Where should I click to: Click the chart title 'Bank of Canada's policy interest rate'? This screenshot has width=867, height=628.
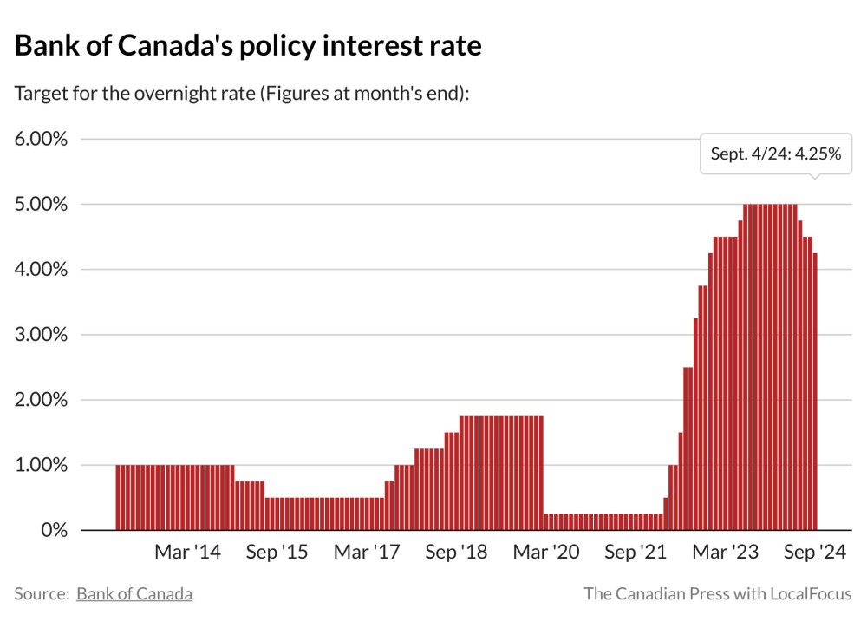247,45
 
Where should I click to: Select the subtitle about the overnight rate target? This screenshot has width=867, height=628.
242,93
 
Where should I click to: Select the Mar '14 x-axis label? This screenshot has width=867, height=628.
187,553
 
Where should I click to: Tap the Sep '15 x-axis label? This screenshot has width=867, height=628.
277,553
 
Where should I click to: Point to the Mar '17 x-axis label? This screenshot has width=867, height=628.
367,553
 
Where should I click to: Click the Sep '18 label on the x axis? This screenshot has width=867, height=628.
457,553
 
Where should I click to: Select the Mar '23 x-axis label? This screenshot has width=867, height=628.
727,553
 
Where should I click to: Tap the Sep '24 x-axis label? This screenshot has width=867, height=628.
815,553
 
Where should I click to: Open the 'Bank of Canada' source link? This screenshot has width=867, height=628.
134,594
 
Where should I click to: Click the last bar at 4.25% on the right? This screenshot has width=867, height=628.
815,390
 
